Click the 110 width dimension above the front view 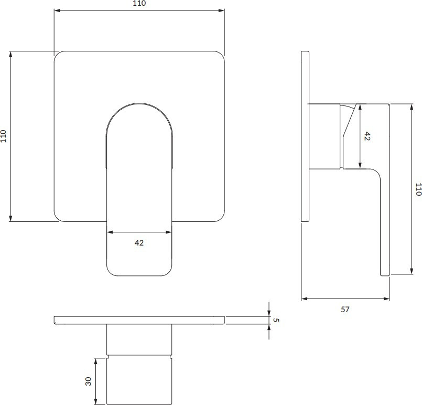pyautogui.click(x=139, y=3)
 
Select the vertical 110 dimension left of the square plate pyautogui.click(x=3, y=136)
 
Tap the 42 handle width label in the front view pyautogui.click(x=139, y=243)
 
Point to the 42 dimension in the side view pyautogui.click(x=367, y=136)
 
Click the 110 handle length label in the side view pyautogui.click(x=418, y=189)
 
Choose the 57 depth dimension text pyautogui.click(x=345, y=310)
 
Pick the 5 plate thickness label pyautogui.click(x=276, y=320)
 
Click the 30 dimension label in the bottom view pyautogui.click(x=88, y=381)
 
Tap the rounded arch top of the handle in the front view pyautogui.click(x=139, y=103)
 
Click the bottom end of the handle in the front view pyautogui.click(x=139, y=275)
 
